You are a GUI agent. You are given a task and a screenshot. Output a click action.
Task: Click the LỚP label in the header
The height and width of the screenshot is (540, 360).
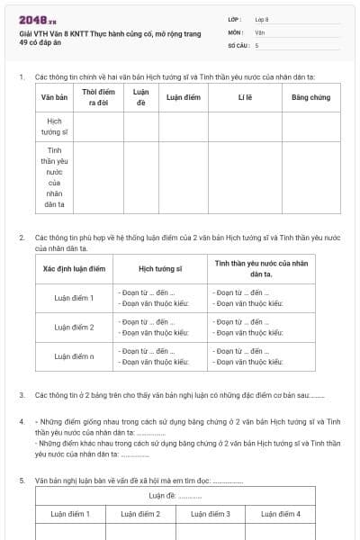[235, 19]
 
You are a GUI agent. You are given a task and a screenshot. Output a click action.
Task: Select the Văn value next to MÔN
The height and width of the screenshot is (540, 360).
[260, 31]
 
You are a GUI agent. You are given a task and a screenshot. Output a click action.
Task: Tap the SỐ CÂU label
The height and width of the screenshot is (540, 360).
[238, 44]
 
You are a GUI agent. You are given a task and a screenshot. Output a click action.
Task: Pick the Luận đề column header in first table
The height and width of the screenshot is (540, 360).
[140, 97]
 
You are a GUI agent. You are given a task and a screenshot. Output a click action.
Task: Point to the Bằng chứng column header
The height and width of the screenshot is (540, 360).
[310, 97]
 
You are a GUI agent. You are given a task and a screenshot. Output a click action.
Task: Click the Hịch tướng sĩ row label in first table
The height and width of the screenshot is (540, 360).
[54, 126]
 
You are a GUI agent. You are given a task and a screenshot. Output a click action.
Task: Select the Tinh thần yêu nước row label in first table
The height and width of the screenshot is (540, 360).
[54, 176]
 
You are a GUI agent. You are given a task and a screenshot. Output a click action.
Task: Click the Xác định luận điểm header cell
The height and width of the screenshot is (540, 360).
[75, 268]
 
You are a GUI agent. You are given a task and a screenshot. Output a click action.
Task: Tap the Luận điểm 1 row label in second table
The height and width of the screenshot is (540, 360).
[75, 297]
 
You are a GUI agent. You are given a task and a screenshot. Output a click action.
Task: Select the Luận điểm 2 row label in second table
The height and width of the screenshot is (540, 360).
[75, 327]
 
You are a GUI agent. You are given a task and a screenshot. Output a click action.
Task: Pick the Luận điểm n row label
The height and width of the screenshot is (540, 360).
[75, 356]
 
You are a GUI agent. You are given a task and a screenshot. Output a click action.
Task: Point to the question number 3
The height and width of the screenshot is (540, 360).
[22, 395]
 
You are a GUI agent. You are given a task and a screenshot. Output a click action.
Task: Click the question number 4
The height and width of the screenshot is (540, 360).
[22, 421]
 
